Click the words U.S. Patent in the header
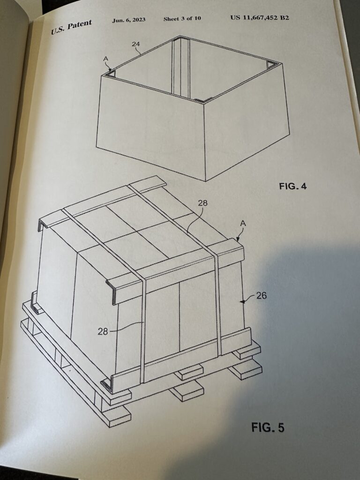click(71, 27)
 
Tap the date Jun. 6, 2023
click(128, 20)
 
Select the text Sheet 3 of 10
click(182, 18)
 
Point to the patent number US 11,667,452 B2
click(260, 17)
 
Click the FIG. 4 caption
click(292, 186)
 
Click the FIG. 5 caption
click(268, 427)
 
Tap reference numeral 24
click(135, 44)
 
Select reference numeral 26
click(261, 295)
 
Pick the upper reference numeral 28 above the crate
click(202, 202)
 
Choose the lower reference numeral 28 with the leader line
click(103, 331)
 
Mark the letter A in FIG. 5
click(243, 224)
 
